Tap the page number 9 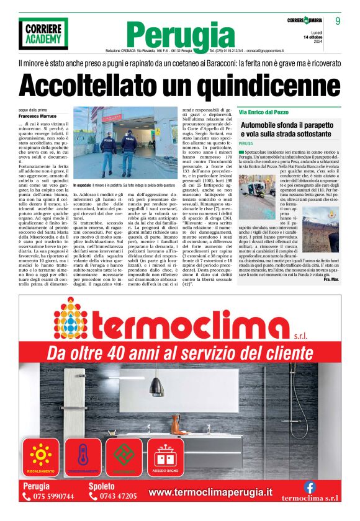338,21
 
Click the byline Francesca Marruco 37,116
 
